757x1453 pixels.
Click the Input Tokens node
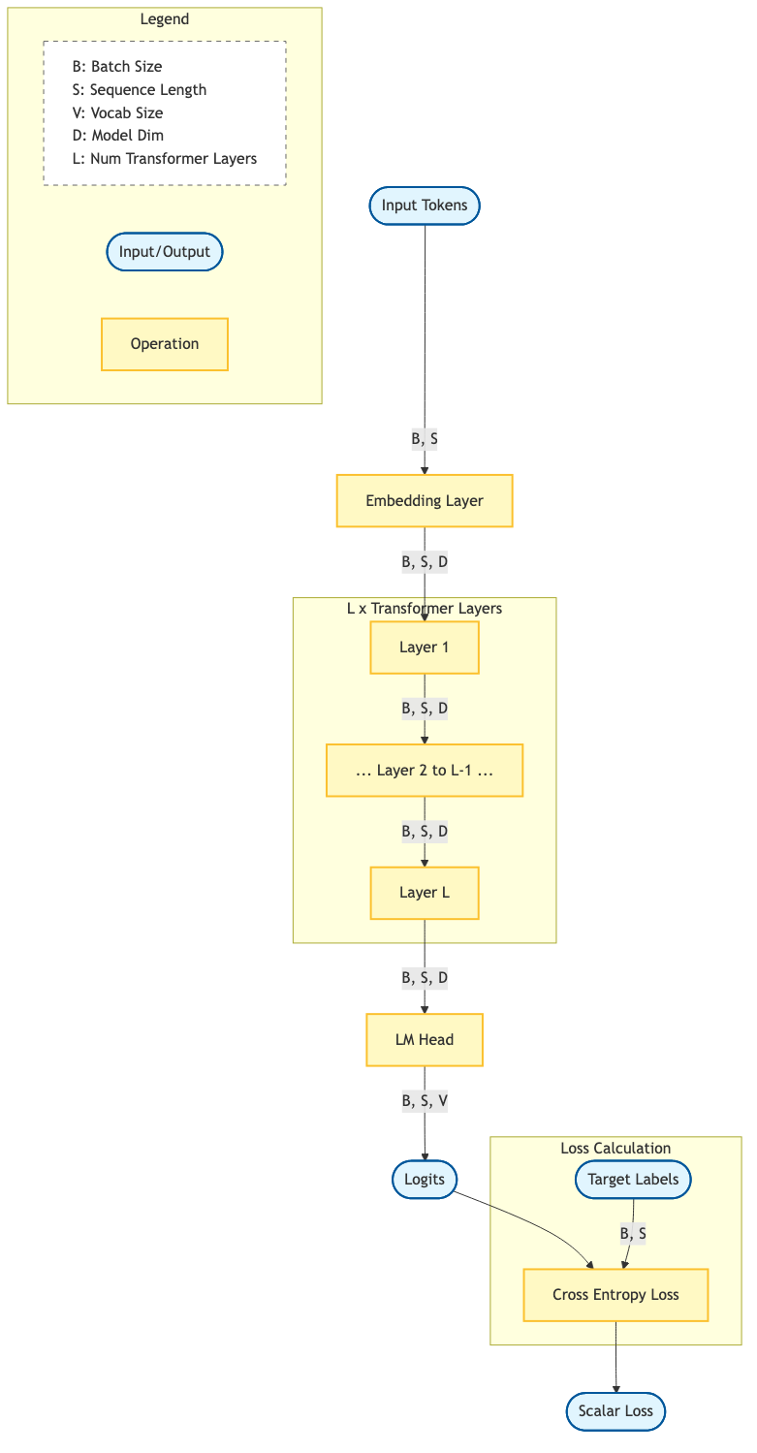coord(425,205)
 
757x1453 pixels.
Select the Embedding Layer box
coord(425,501)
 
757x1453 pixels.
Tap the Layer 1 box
coord(425,648)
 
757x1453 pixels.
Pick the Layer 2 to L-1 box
coord(425,771)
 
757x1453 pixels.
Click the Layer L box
coord(425,893)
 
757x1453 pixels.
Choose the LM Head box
coord(425,1040)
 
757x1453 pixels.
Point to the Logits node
coord(425,1179)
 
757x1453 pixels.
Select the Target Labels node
coord(633,1179)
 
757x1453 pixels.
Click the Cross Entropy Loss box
coord(615,1295)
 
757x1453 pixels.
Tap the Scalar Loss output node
coord(615,1410)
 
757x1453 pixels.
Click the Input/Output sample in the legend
coord(165,252)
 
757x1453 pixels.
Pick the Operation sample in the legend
coord(165,344)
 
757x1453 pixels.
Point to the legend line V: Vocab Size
coord(117,112)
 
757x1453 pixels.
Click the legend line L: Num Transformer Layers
coord(164,159)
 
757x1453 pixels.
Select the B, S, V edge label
coord(425,1101)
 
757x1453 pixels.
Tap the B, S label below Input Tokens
coord(425,439)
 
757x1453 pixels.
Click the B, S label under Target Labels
coord(632,1234)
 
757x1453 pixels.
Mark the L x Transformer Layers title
coord(425,609)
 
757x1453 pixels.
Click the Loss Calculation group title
coord(615,1149)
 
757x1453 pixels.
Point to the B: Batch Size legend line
coord(116,67)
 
